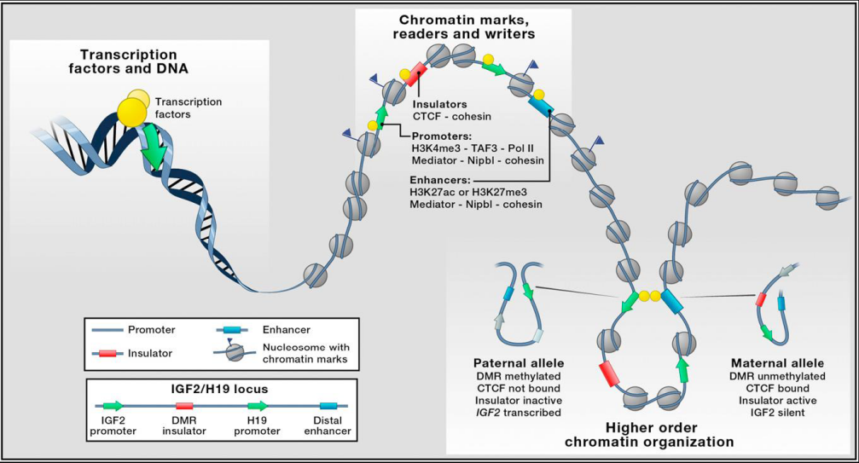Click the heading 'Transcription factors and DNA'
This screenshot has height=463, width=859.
click(x=128, y=61)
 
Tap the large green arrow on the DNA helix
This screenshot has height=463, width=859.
click(x=154, y=148)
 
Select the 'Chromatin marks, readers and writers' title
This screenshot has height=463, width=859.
click(x=463, y=26)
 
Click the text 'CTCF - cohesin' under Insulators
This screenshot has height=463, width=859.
click(x=452, y=116)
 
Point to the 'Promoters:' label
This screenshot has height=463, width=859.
click(x=442, y=136)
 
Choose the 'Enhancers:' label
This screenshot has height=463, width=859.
click(x=440, y=180)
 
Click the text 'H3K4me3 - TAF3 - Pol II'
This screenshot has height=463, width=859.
click(x=473, y=148)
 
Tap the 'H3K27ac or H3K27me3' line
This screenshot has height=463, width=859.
click(x=468, y=192)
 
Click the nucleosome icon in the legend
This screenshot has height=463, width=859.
click(x=235, y=351)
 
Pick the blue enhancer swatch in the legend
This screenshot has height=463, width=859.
click(x=232, y=330)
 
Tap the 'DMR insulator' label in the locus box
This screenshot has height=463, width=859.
click(x=184, y=425)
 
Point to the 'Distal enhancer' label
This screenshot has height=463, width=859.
click(x=328, y=425)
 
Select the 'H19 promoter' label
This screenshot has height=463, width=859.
click(x=257, y=425)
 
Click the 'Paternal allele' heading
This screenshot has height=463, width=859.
click(x=519, y=363)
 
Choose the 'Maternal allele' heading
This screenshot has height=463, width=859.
click(x=777, y=363)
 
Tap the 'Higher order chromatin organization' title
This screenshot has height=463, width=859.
click(x=649, y=435)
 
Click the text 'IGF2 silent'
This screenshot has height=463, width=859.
click(x=777, y=412)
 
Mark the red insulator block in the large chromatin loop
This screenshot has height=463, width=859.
click(x=609, y=374)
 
